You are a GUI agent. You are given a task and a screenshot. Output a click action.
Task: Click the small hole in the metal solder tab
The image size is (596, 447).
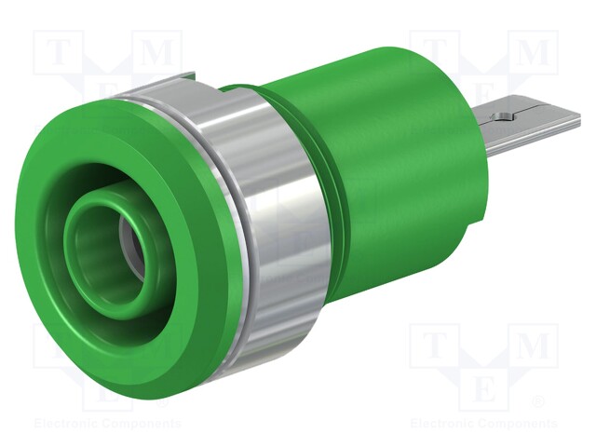pos(504,117)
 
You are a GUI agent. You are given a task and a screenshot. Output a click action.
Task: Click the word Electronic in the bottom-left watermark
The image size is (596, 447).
pos(64,424)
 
